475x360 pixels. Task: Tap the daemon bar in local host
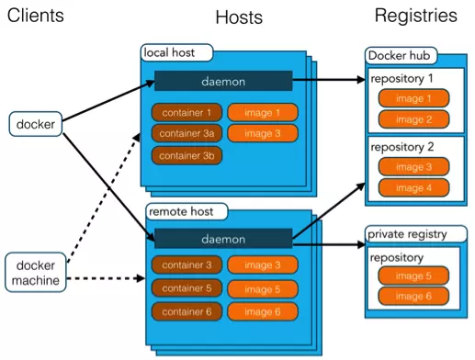click(223, 81)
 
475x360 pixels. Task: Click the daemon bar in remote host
click(223, 239)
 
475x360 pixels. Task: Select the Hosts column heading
click(239, 17)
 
